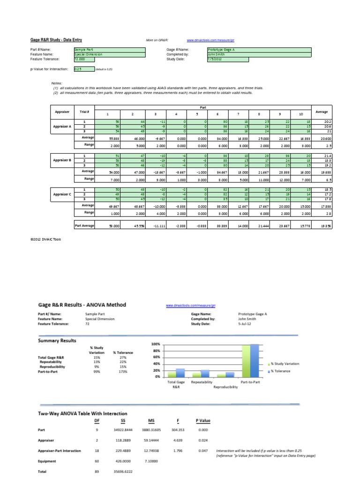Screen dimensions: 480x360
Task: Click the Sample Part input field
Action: point(110,49)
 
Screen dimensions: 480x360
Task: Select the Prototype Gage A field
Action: point(258,49)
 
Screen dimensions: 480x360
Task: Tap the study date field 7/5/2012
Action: point(228,59)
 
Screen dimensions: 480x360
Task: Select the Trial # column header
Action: point(84,112)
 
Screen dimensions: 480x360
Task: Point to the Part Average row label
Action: point(84,225)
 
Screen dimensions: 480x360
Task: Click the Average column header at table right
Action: point(322,112)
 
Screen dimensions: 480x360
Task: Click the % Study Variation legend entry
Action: point(285,364)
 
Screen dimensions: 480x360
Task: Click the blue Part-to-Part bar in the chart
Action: point(255,360)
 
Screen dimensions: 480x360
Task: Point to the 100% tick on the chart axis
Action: point(156,344)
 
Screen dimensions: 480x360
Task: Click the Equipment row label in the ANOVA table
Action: point(47,461)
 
